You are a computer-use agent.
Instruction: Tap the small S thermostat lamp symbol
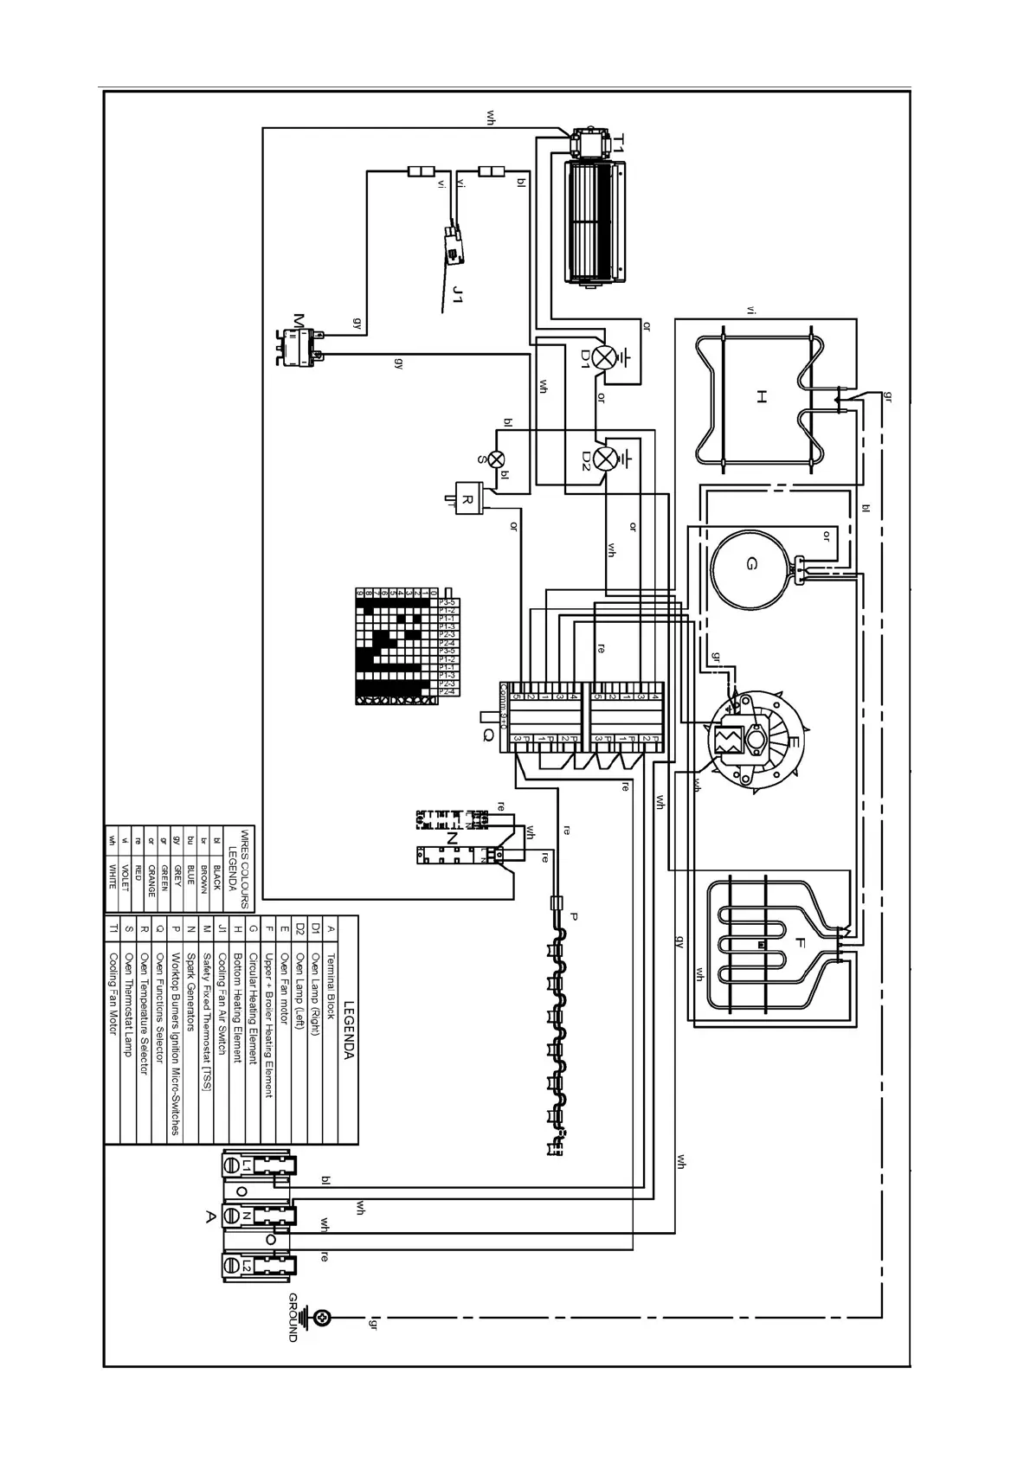point(497,459)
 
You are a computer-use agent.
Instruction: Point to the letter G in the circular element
point(750,564)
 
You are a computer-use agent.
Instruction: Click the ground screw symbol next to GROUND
point(323,1317)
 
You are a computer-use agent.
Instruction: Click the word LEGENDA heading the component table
point(349,1030)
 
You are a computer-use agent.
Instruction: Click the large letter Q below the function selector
point(488,735)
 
